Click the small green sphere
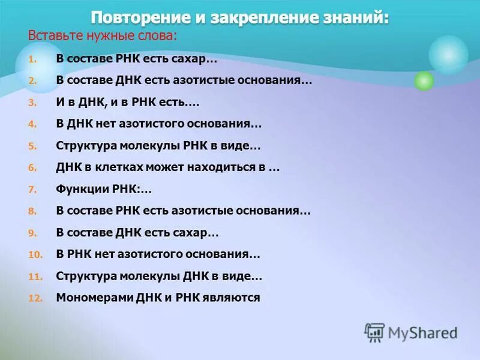click(x=424, y=80)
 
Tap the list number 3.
click(x=32, y=103)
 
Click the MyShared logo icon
click(x=374, y=332)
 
